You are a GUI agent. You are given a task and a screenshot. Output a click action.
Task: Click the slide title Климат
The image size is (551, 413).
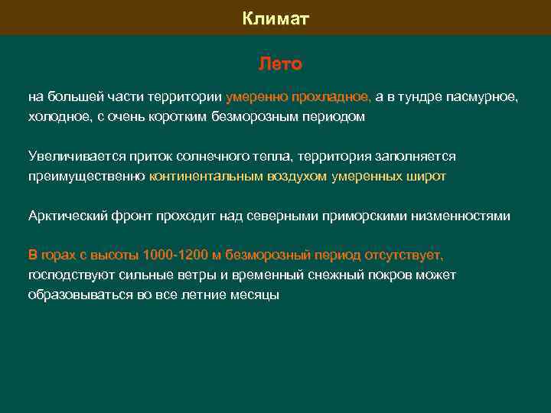[x=275, y=18]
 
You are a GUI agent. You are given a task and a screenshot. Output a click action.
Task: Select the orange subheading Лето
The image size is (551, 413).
[x=280, y=63]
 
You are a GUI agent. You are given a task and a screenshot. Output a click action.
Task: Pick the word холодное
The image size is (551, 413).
[x=57, y=117]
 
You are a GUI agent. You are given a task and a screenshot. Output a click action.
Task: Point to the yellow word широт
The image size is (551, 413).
[x=425, y=176]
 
